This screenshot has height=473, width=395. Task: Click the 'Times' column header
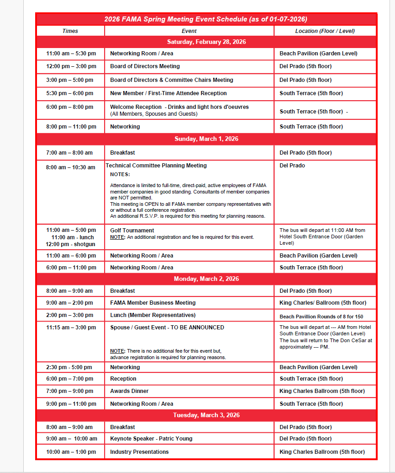(x=70, y=31)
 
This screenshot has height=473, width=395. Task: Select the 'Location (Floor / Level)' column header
(x=325, y=31)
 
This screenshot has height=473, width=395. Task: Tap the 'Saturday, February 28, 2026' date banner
(x=206, y=42)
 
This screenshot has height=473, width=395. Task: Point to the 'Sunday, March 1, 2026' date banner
(x=206, y=139)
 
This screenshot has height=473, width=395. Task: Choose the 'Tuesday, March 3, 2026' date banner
(x=206, y=415)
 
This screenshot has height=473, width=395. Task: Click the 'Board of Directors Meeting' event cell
(x=145, y=66)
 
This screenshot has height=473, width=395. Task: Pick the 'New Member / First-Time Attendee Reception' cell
(x=168, y=93)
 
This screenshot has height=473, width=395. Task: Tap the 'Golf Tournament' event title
(x=132, y=231)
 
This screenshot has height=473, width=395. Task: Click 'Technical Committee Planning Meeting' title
(x=156, y=166)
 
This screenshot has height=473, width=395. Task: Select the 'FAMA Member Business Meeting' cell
(x=153, y=303)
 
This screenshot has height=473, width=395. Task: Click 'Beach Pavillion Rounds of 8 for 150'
(x=321, y=317)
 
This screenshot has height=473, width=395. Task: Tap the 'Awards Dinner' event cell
(x=129, y=391)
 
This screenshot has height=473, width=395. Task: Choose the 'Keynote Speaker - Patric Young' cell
(x=151, y=439)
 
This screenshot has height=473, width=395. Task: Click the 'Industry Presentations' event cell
(x=139, y=452)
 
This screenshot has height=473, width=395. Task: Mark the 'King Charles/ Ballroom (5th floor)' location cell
(x=322, y=303)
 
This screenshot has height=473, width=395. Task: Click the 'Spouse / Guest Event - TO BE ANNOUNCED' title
(x=167, y=328)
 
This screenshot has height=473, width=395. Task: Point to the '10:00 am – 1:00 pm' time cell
(x=71, y=452)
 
